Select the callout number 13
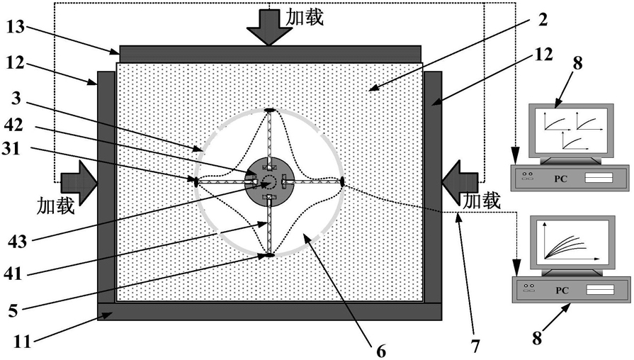[x=16, y=28]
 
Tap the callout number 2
[x=543, y=19]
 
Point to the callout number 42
[x=13, y=125]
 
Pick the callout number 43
[x=18, y=242]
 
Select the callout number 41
[x=13, y=274]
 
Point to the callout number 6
[x=381, y=351]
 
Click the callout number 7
[x=475, y=347]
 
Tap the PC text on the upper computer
[x=560, y=179]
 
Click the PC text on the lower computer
[x=562, y=290]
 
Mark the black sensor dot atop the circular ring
[x=269, y=110]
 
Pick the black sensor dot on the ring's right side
[x=342, y=181]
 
